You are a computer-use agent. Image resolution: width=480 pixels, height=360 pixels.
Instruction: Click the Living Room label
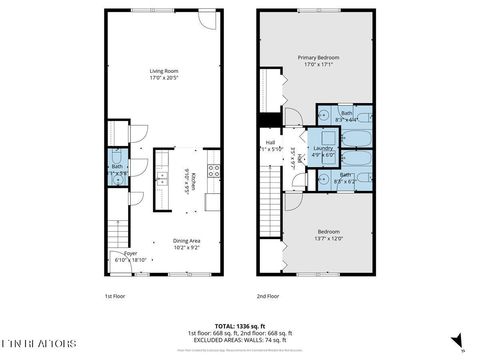pos(163,71)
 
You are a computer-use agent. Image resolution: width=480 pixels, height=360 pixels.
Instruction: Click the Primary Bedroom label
pos(321,58)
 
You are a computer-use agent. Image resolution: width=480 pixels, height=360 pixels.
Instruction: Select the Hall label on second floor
pos(269,143)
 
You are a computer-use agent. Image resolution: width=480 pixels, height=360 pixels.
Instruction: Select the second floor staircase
pos(269,195)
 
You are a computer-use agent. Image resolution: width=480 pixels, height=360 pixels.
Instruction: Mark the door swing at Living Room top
pos(206,20)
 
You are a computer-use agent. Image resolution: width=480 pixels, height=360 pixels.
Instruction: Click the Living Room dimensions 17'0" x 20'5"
pos(163,77)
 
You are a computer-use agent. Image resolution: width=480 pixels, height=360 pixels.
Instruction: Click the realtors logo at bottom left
pos(40,343)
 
